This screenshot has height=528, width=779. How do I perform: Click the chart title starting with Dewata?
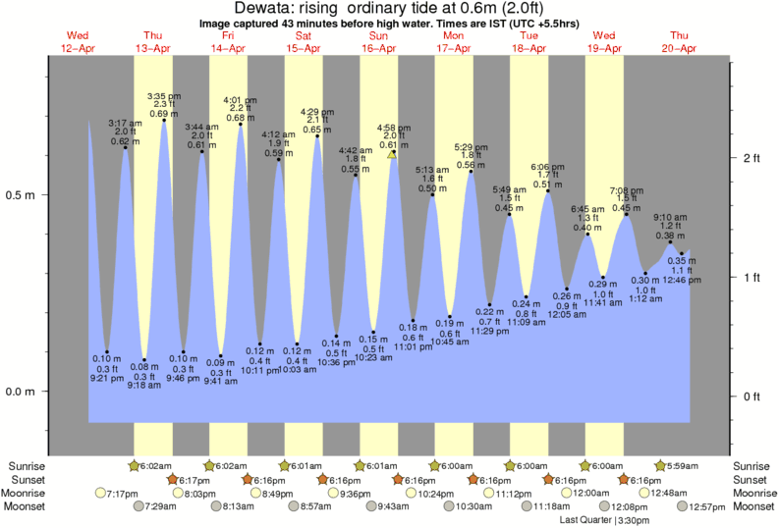point(389,8)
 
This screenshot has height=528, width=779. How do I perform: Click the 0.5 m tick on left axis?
point(23,194)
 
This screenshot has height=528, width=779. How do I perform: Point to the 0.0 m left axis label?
point(23,392)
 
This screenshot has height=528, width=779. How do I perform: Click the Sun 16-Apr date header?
point(379,42)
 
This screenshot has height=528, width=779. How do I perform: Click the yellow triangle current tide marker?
point(392,154)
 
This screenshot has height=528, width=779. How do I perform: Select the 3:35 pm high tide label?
point(164,96)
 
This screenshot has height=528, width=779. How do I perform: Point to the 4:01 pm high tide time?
point(241,100)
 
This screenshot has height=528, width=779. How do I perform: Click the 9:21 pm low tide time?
point(107,378)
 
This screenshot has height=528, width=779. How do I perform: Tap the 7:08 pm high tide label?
point(626,189)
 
